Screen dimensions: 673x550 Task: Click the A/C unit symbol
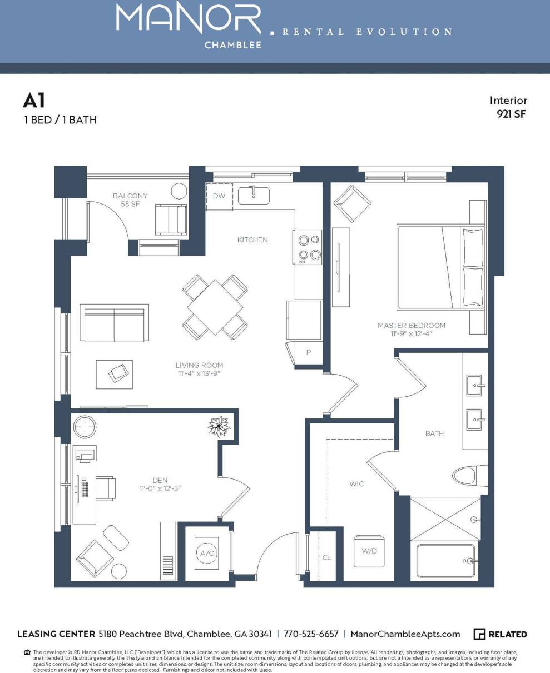pos(206,553)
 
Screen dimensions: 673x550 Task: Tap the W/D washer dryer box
pos(369,552)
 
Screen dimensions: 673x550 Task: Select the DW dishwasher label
pos(219,196)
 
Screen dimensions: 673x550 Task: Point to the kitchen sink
pos(254,195)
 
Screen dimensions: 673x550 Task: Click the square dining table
pos(215,307)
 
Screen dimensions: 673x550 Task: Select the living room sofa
pos(115,323)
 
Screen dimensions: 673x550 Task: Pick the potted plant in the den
pos(219,427)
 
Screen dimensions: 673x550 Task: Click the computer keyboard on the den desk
pos(85,488)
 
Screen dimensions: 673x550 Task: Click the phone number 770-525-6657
pos(311,634)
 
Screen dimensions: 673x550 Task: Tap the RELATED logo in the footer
pos(501,634)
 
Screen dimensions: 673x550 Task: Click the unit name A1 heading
pos(33,101)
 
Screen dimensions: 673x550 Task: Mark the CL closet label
pos(326,557)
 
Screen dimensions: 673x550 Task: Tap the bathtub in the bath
pos(446,561)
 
